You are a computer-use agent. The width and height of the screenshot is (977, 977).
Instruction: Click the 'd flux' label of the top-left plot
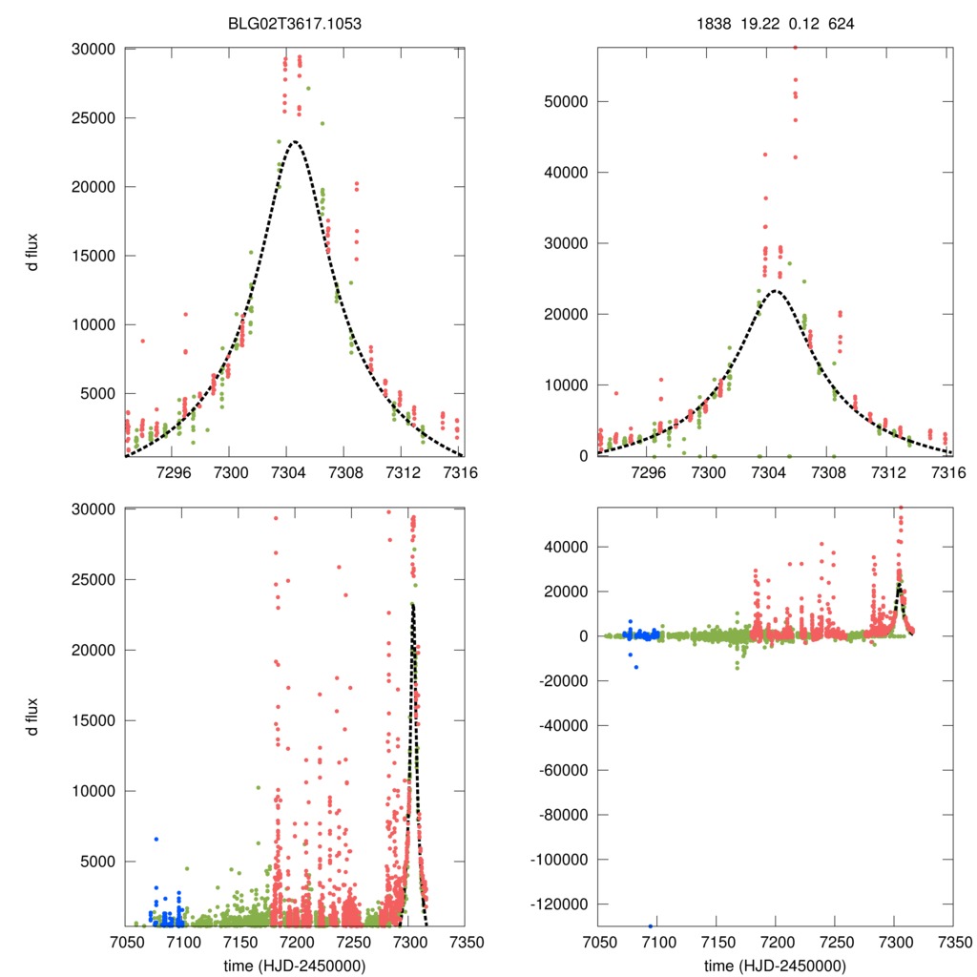(x=33, y=253)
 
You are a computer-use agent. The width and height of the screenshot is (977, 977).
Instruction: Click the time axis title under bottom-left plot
(x=295, y=965)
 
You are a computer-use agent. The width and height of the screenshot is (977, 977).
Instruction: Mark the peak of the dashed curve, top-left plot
(x=295, y=142)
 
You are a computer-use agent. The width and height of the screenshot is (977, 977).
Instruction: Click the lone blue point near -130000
(x=651, y=925)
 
